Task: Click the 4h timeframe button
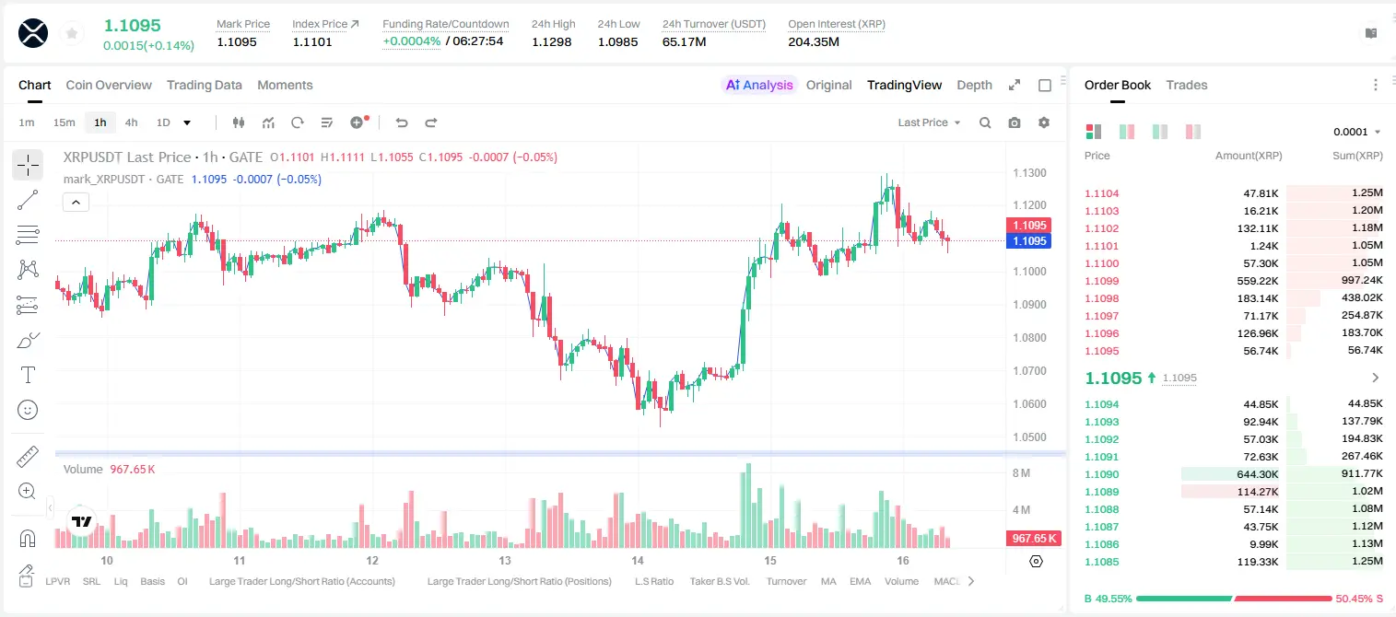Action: click(131, 122)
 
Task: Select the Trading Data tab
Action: click(204, 86)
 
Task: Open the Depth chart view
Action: click(974, 86)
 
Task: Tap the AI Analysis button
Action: click(759, 86)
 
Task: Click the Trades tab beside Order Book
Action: click(1186, 86)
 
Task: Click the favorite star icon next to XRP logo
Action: click(72, 34)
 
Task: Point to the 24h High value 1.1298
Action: click(552, 41)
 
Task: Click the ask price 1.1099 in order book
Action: click(1101, 281)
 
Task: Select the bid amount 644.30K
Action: click(1257, 474)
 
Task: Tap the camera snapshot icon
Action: click(1014, 122)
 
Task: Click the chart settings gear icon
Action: click(1044, 122)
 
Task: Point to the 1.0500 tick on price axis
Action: click(1029, 437)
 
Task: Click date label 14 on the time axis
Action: click(637, 561)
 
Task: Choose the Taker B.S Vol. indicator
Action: click(719, 581)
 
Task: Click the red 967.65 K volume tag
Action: click(1033, 539)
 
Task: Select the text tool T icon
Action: click(28, 375)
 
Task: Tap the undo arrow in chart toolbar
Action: click(402, 122)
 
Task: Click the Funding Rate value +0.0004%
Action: click(411, 41)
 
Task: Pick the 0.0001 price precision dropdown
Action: click(1356, 132)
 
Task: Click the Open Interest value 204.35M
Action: click(814, 41)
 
